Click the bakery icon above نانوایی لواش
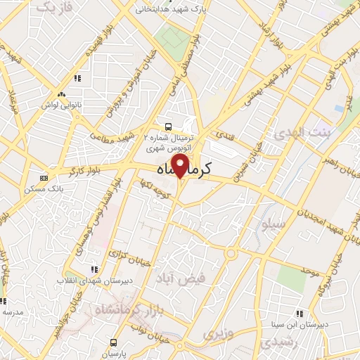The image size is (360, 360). click(x=62, y=94)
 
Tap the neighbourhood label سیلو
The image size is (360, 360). click(x=273, y=226)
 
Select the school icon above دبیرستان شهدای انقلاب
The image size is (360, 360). click(x=94, y=269)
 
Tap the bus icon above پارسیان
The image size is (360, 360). click(x=112, y=341)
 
